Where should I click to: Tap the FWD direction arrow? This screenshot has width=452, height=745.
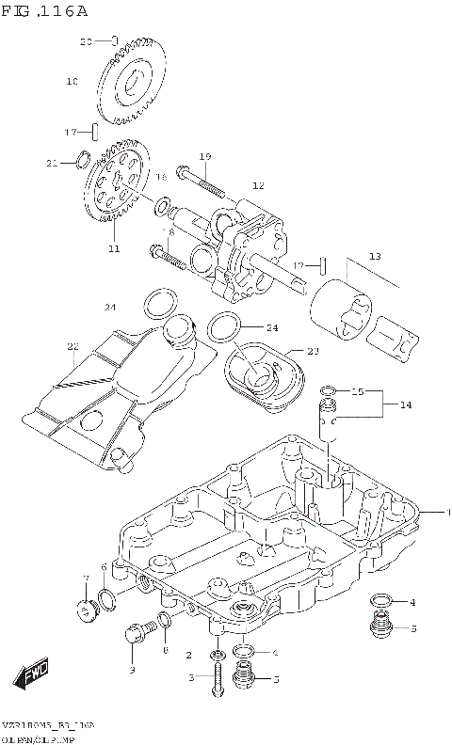pos(32,674)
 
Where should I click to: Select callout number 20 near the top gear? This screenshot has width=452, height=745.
pos(84,41)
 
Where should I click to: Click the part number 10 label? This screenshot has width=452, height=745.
pos(72,82)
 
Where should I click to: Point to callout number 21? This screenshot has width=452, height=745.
pos(52,163)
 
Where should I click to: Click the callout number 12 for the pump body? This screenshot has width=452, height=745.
pos(258,185)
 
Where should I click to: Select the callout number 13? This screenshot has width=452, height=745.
pos(374,256)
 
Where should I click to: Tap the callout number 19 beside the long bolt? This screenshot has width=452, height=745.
pos(204,156)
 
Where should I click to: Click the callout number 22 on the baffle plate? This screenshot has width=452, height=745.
pos(73,346)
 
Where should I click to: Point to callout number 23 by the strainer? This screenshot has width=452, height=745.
pos(313,351)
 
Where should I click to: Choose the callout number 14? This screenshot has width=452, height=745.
pos(406,404)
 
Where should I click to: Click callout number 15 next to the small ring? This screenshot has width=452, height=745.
pos(358,390)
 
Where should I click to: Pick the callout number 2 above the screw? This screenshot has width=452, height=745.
pos(189,655)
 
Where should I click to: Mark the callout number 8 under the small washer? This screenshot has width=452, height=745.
pos(166,649)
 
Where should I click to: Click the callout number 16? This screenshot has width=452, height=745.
pos(161,177)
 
